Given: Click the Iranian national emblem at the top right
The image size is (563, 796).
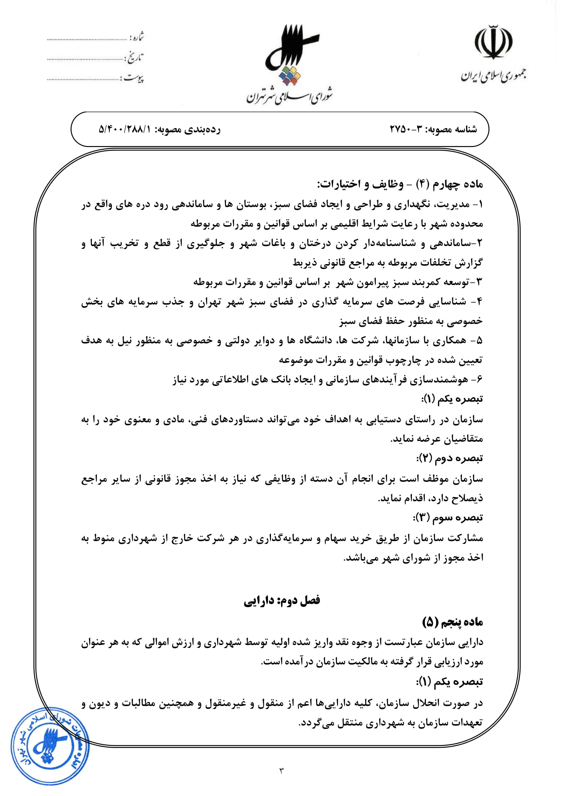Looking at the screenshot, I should pyautogui.click(x=493, y=42).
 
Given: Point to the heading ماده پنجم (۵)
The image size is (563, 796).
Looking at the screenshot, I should pyautogui.click(x=452, y=622).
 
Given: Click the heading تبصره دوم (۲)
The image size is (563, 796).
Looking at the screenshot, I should pyautogui.click(x=449, y=458).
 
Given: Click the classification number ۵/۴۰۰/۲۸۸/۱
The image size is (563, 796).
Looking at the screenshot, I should pyautogui.click(x=125, y=129).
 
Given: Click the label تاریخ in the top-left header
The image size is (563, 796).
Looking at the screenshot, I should pyautogui.click(x=135, y=58).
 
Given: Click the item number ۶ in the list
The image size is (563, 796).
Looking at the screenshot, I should pyautogui.click(x=480, y=380).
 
